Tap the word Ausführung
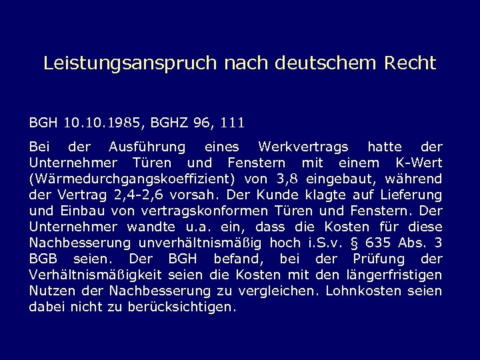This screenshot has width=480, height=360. [141, 147]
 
